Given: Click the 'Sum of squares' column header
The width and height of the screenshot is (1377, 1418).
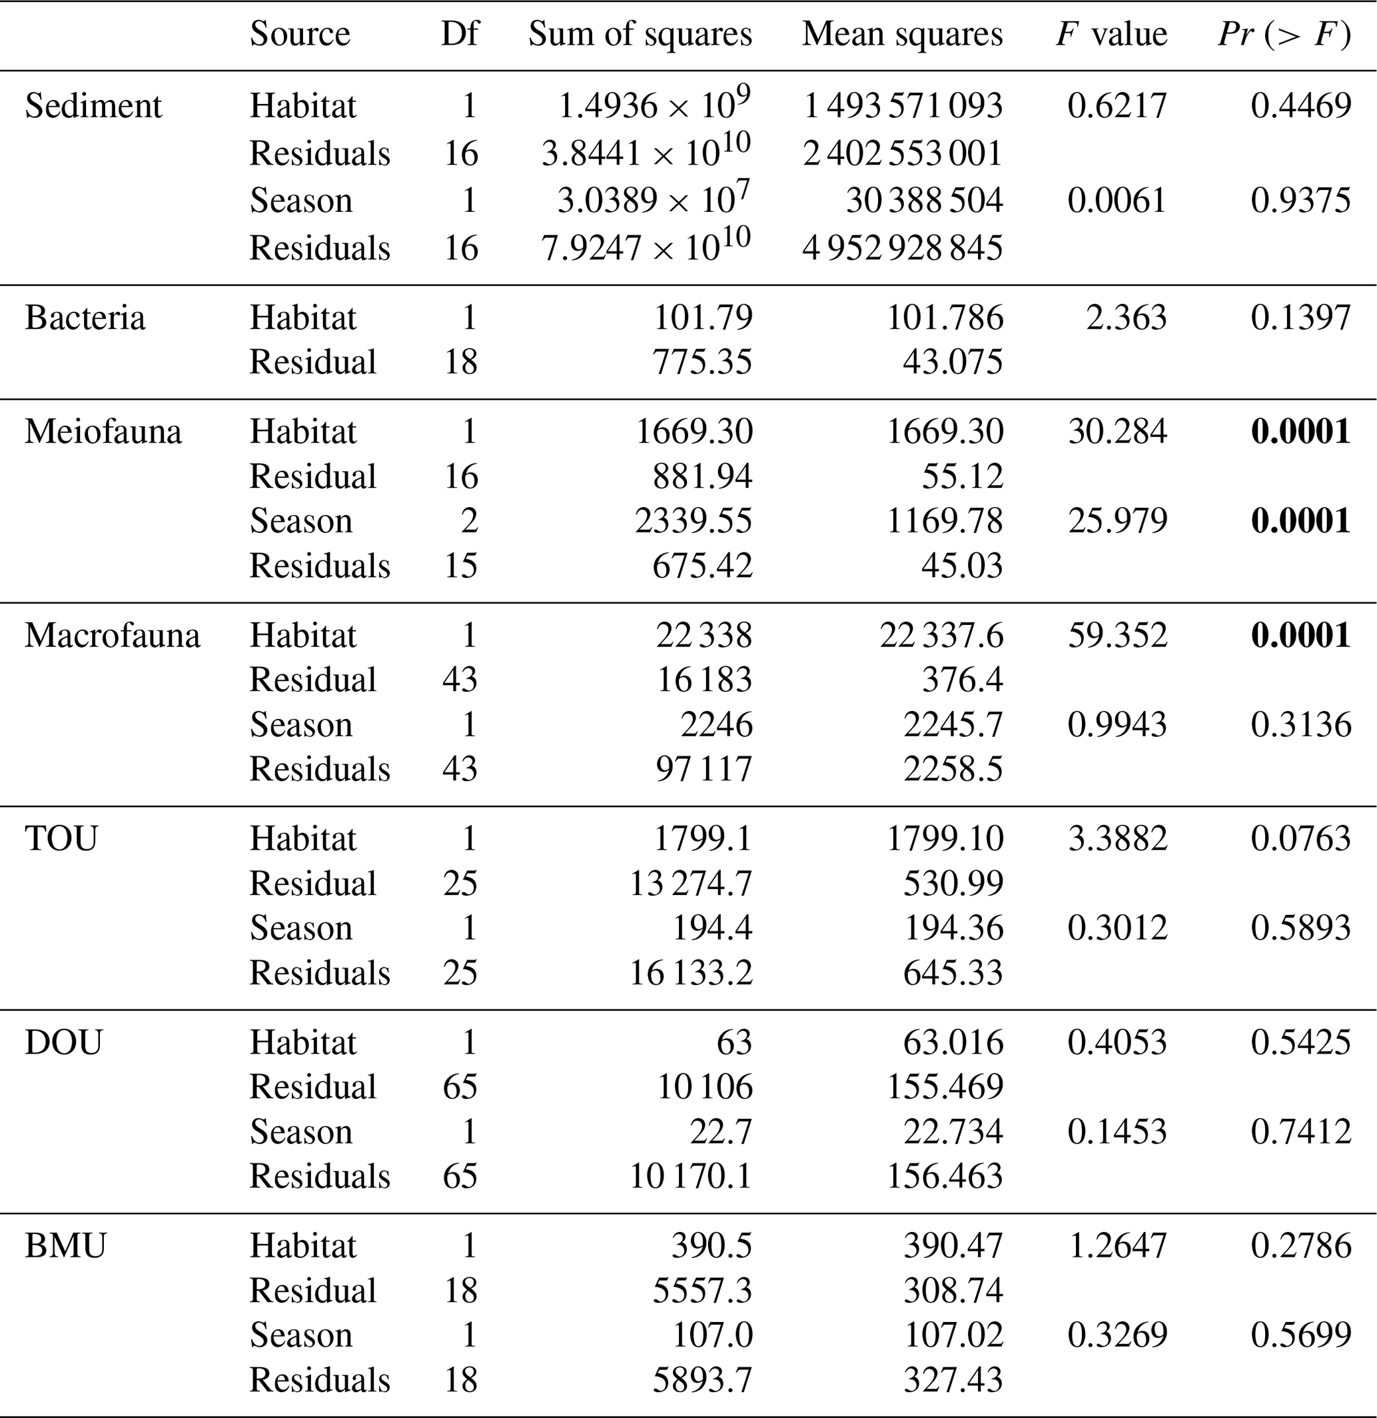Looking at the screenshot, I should (x=640, y=34).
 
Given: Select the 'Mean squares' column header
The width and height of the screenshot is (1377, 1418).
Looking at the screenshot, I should (x=902, y=34).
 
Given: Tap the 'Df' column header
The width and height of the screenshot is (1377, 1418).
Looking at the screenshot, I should (x=459, y=34).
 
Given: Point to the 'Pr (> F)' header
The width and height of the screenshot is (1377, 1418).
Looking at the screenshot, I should (x=1284, y=34).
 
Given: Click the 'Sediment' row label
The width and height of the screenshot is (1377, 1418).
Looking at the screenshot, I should (x=93, y=107).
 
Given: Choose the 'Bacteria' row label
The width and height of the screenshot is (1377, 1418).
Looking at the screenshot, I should (x=85, y=319).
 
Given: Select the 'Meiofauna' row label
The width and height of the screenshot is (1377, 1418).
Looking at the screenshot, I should (x=103, y=432).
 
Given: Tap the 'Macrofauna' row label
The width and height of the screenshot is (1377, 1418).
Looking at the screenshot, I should (x=112, y=636).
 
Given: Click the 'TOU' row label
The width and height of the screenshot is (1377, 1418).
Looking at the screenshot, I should (x=61, y=839).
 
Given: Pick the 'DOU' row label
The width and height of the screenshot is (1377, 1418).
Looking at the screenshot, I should (x=64, y=1043).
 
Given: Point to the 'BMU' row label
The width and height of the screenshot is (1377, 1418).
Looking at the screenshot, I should (x=65, y=1246).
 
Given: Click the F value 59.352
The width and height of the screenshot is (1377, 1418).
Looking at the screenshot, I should (x=1117, y=636).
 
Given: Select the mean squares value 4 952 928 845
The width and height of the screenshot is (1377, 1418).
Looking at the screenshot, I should (x=902, y=248).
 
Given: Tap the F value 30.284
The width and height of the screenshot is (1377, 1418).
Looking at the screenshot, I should (x=1117, y=432).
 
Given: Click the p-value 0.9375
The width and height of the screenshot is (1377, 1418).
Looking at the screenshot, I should (x=1300, y=201).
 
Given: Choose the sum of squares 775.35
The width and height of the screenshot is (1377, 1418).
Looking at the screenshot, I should (x=702, y=362).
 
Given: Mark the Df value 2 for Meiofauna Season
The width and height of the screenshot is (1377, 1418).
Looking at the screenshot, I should (x=470, y=521).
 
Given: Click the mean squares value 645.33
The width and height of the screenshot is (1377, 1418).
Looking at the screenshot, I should (x=953, y=972).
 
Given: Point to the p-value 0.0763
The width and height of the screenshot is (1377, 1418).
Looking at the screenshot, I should (x=1300, y=839).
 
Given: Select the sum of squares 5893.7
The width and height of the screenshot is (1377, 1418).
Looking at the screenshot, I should (x=702, y=1379).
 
